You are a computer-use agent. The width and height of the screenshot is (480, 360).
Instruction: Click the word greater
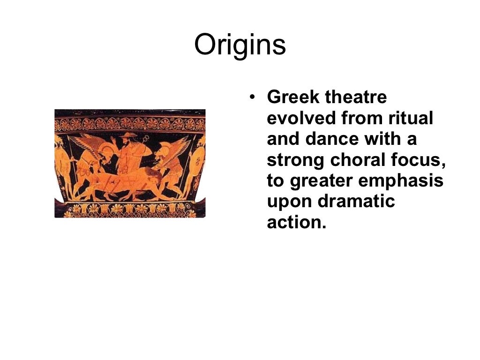(320, 181)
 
